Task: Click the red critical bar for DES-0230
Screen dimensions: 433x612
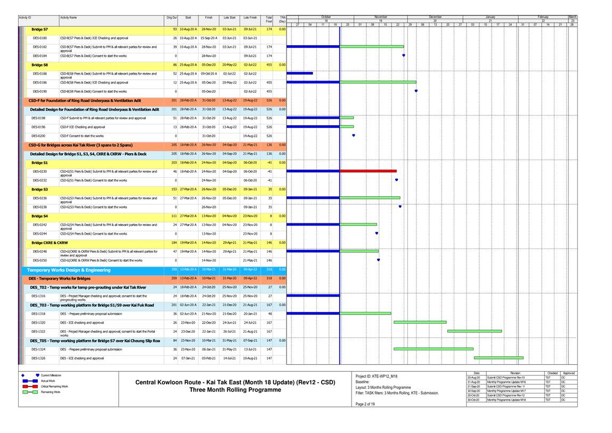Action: pos(368,171)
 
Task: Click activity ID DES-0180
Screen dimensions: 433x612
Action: pos(39,38)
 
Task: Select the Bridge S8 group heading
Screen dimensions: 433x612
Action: pos(39,65)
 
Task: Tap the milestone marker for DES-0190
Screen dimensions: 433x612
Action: pos(416,91)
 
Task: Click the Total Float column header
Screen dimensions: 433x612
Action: pos(269,19)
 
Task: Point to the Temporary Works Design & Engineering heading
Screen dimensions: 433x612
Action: pos(69,270)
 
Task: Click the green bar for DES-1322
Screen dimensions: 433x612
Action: pos(474,331)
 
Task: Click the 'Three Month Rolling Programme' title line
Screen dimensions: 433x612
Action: pos(235,390)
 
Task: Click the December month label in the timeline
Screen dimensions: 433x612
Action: pos(435,17)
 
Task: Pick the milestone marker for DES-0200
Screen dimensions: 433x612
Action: pos(354,135)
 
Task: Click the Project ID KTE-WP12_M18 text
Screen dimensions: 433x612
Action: pos(377,376)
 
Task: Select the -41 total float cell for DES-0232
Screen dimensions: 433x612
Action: pos(270,180)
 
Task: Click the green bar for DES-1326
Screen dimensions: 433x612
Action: pos(499,358)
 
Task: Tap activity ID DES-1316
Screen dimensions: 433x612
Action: pos(38,295)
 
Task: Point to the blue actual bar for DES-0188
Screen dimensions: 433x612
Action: pos(299,73)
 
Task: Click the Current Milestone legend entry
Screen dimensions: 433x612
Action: pos(53,375)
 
